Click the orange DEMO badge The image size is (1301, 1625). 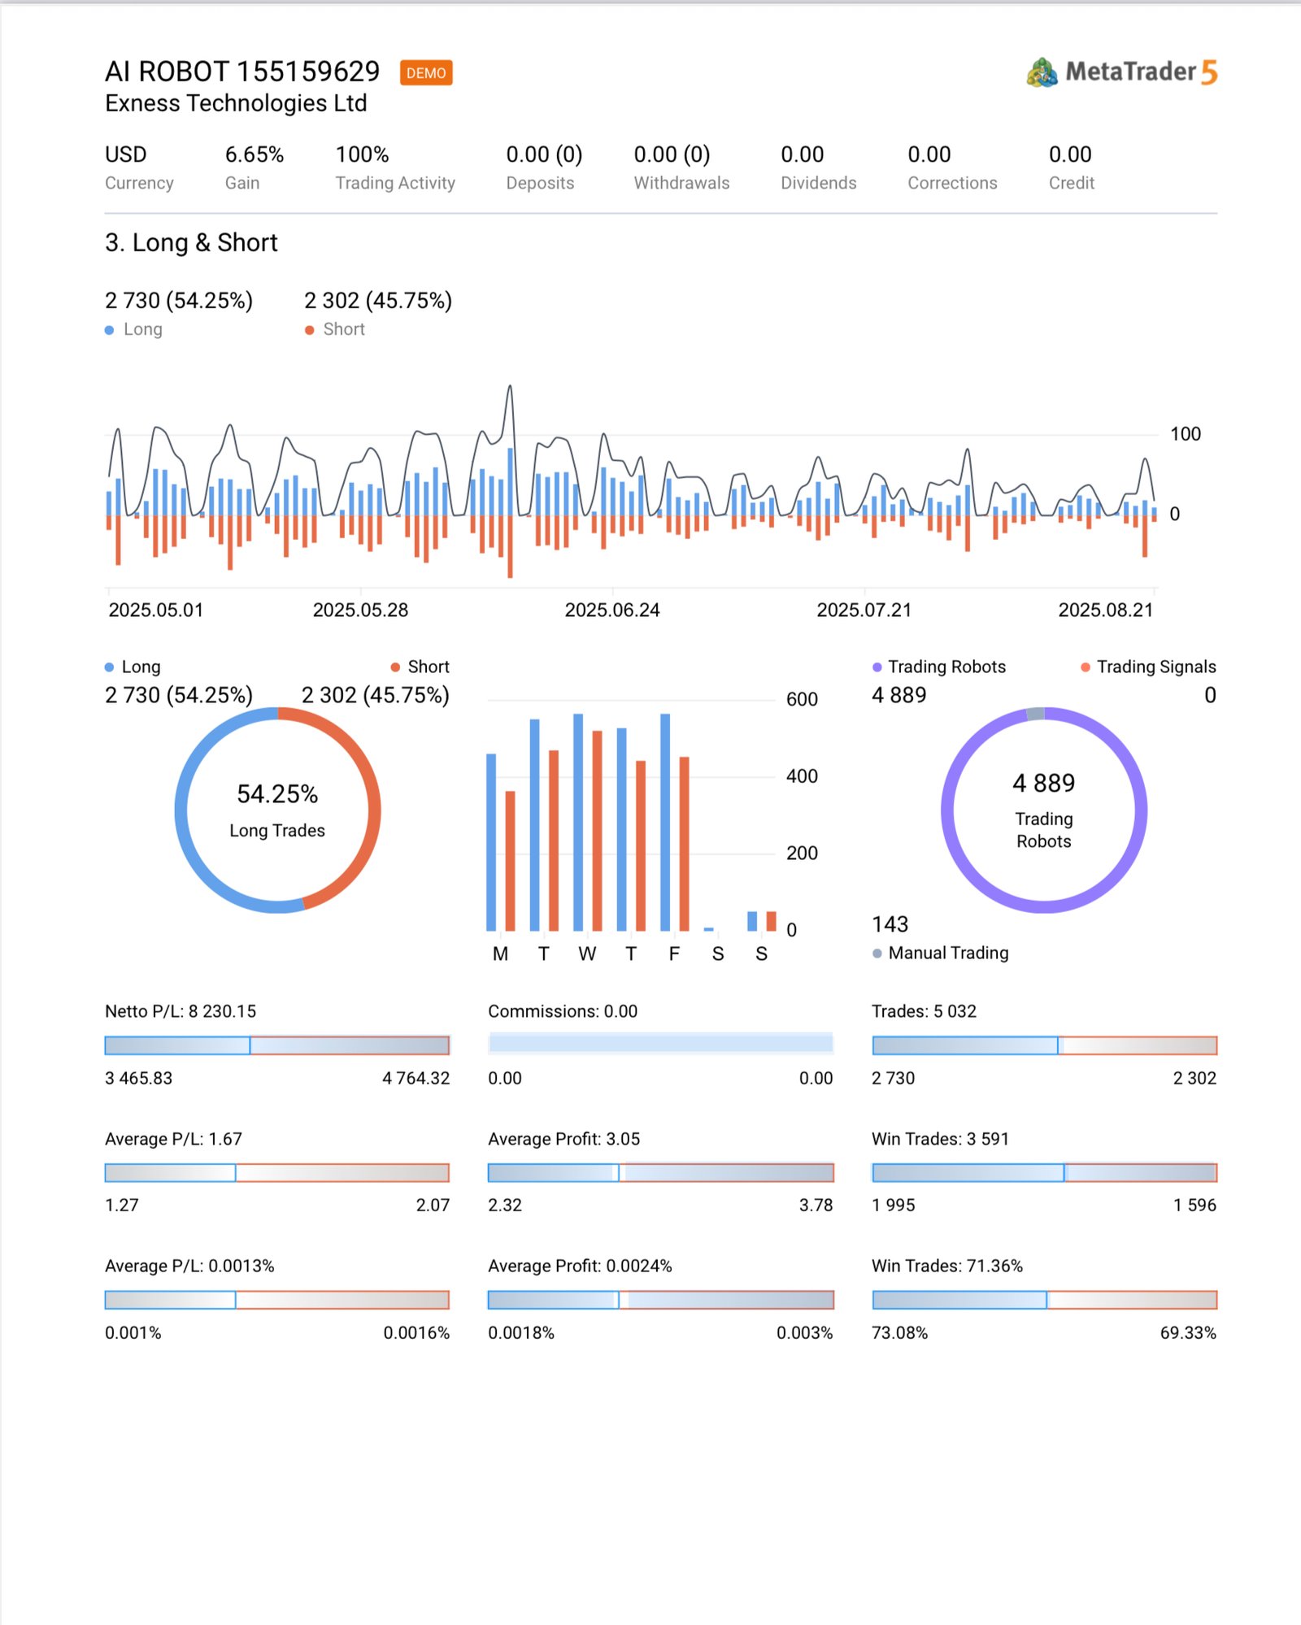tap(426, 73)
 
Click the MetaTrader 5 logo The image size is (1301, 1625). tap(1121, 72)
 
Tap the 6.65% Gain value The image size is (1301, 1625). tap(255, 154)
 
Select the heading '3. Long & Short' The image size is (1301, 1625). tap(191, 242)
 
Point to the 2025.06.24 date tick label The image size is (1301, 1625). tap(612, 610)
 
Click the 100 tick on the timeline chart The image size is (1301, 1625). tap(1185, 434)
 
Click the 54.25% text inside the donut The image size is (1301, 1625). tap(277, 794)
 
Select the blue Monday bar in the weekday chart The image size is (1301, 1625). tap(491, 841)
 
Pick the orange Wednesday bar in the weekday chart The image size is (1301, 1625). tap(597, 830)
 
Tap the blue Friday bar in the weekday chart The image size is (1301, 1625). tap(665, 821)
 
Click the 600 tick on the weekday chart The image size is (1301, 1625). tap(802, 699)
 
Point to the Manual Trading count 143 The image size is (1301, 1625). tap(890, 924)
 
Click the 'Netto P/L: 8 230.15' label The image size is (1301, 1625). tap(181, 1011)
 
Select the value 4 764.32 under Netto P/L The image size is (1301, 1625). tap(416, 1078)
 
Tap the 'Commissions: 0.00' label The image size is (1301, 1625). tap(563, 1011)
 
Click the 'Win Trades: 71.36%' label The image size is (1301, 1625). tap(947, 1266)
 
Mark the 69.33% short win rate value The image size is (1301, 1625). tap(1187, 1333)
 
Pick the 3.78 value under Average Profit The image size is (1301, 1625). tap(816, 1205)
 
